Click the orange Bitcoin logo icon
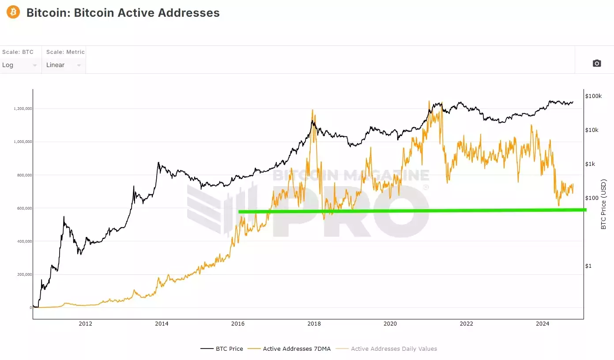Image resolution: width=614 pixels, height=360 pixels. [x=13, y=12]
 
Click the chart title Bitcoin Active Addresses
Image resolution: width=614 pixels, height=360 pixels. [x=123, y=13]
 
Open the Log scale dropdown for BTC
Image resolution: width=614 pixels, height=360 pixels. [x=20, y=65]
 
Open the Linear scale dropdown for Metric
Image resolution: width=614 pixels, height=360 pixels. [x=64, y=65]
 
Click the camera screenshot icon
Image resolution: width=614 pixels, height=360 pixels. [x=596, y=63]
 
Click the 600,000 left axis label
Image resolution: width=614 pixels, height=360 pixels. [x=23, y=208]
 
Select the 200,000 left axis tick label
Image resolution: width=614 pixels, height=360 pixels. [x=23, y=274]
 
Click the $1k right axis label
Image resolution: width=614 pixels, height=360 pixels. [x=590, y=164]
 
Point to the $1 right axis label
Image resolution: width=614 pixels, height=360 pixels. [x=588, y=266]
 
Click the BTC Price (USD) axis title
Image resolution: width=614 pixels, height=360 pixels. [x=603, y=204]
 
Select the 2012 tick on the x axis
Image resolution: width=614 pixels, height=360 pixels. [x=85, y=324]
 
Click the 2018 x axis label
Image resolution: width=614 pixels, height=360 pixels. [x=314, y=324]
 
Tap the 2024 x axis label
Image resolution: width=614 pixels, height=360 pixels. [x=542, y=324]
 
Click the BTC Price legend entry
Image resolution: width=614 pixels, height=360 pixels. [x=222, y=349]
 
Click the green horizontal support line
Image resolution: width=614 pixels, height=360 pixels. [x=411, y=210]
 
